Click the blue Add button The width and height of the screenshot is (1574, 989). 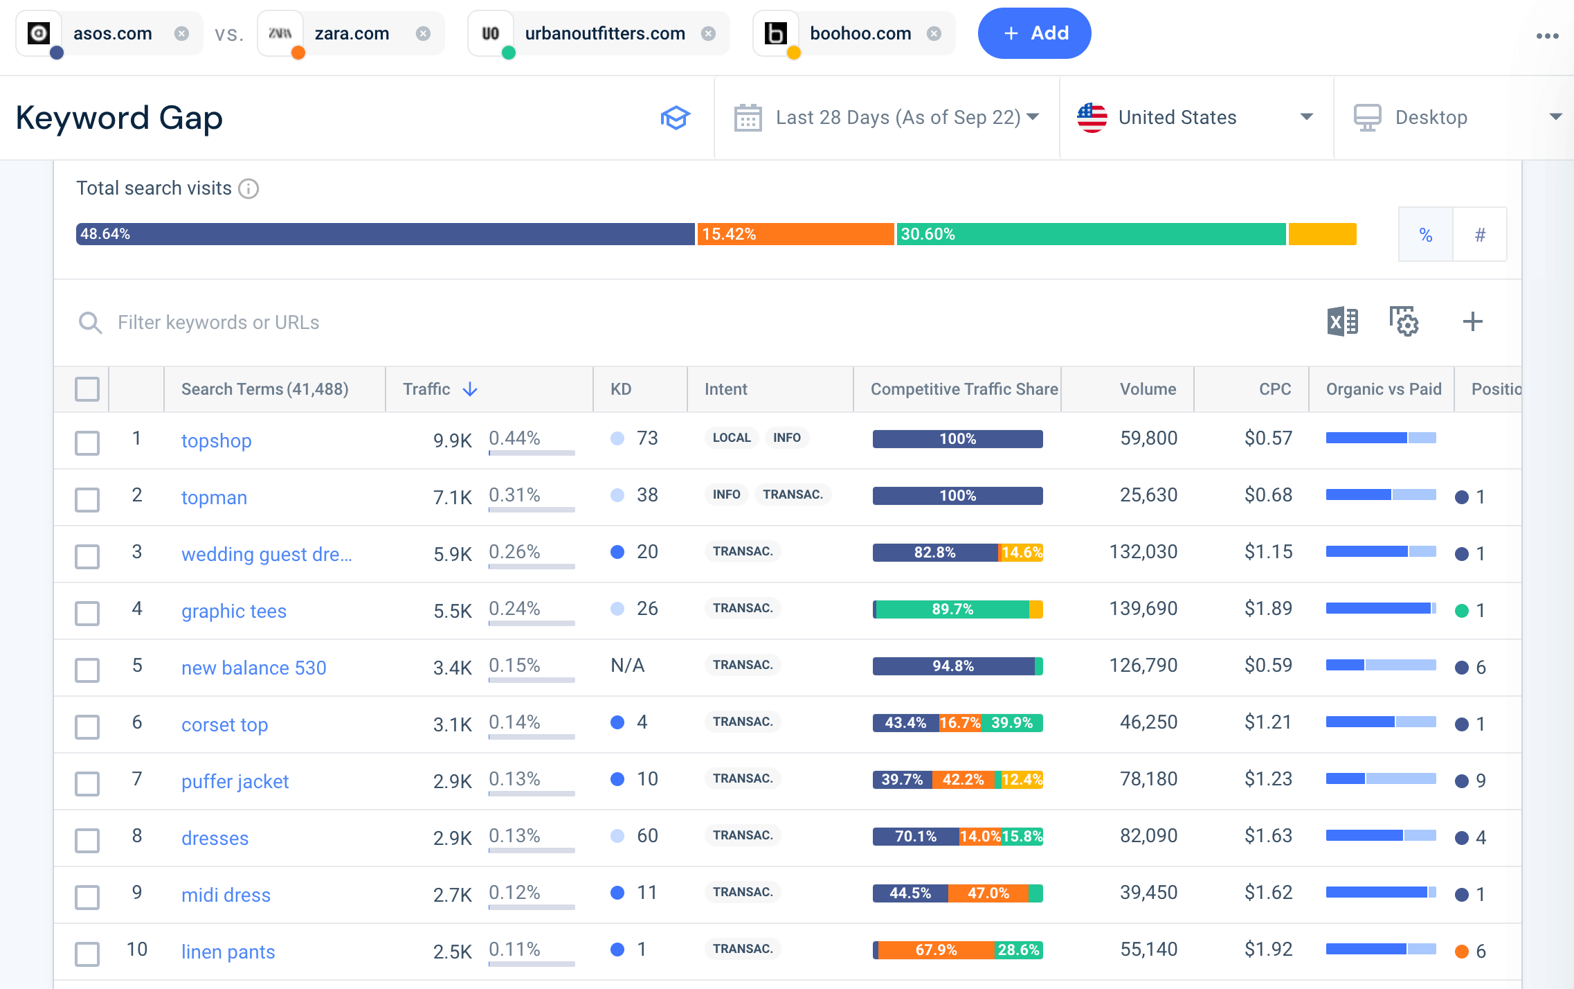coord(1034,33)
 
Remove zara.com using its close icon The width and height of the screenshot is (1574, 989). coord(423,33)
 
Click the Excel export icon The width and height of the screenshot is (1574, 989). coord(1342,322)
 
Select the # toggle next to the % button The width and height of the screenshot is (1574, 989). coord(1480,235)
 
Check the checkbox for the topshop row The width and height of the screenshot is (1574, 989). coord(87,443)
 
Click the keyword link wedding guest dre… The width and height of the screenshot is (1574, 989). coord(266,554)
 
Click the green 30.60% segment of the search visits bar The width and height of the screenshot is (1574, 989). coord(1091,234)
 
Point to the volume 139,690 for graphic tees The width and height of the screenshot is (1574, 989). coord(1143,608)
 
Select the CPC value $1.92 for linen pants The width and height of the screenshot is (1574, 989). coord(1267,949)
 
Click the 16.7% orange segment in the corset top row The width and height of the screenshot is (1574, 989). coord(959,723)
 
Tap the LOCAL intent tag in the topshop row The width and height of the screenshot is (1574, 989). coord(731,438)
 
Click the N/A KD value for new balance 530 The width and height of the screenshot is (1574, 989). coord(627,666)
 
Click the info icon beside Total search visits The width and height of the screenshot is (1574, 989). coord(248,188)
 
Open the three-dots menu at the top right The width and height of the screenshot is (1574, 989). coord(1547,36)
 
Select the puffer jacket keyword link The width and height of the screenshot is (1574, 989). coord(235,781)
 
